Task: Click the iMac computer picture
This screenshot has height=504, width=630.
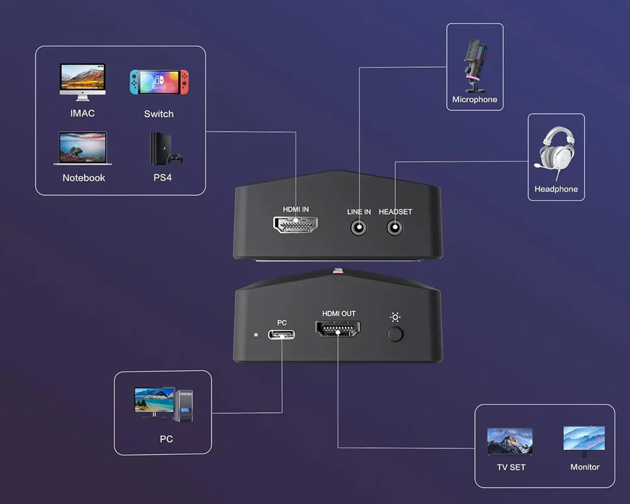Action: (x=83, y=82)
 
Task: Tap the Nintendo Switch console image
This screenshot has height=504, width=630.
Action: (x=159, y=82)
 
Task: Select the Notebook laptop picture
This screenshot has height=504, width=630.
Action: (x=83, y=148)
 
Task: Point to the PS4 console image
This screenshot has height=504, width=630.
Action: (x=166, y=148)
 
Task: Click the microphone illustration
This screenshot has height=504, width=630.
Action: (x=474, y=66)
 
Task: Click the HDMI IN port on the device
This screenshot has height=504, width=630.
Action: (x=295, y=224)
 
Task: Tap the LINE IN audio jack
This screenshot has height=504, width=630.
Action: (x=359, y=228)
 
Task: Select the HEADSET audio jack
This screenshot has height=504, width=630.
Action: (x=395, y=228)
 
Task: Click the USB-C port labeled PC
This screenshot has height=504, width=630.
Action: (x=282, y=334)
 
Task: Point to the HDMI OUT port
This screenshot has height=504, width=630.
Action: (x=337, y=328)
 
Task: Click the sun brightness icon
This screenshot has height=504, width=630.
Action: (x=395, y=317)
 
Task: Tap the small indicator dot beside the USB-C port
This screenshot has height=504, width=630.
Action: (x=256, y=334)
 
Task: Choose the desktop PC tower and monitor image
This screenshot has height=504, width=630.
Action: (x=163, y=404)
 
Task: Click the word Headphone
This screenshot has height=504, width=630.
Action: (x=556, y=189)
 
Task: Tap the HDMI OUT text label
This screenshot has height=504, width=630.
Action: (x=339, y=314)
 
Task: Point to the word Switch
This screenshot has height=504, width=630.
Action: (x=159, y=114)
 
